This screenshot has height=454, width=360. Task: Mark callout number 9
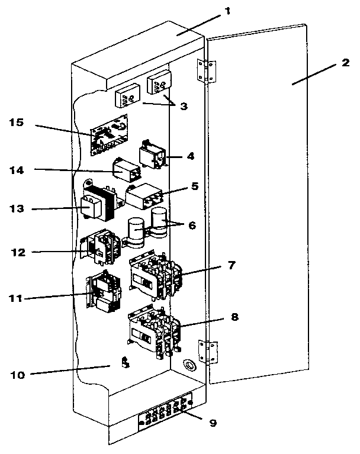coord(211,423)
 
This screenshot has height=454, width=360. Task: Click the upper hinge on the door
coord(205,70)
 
